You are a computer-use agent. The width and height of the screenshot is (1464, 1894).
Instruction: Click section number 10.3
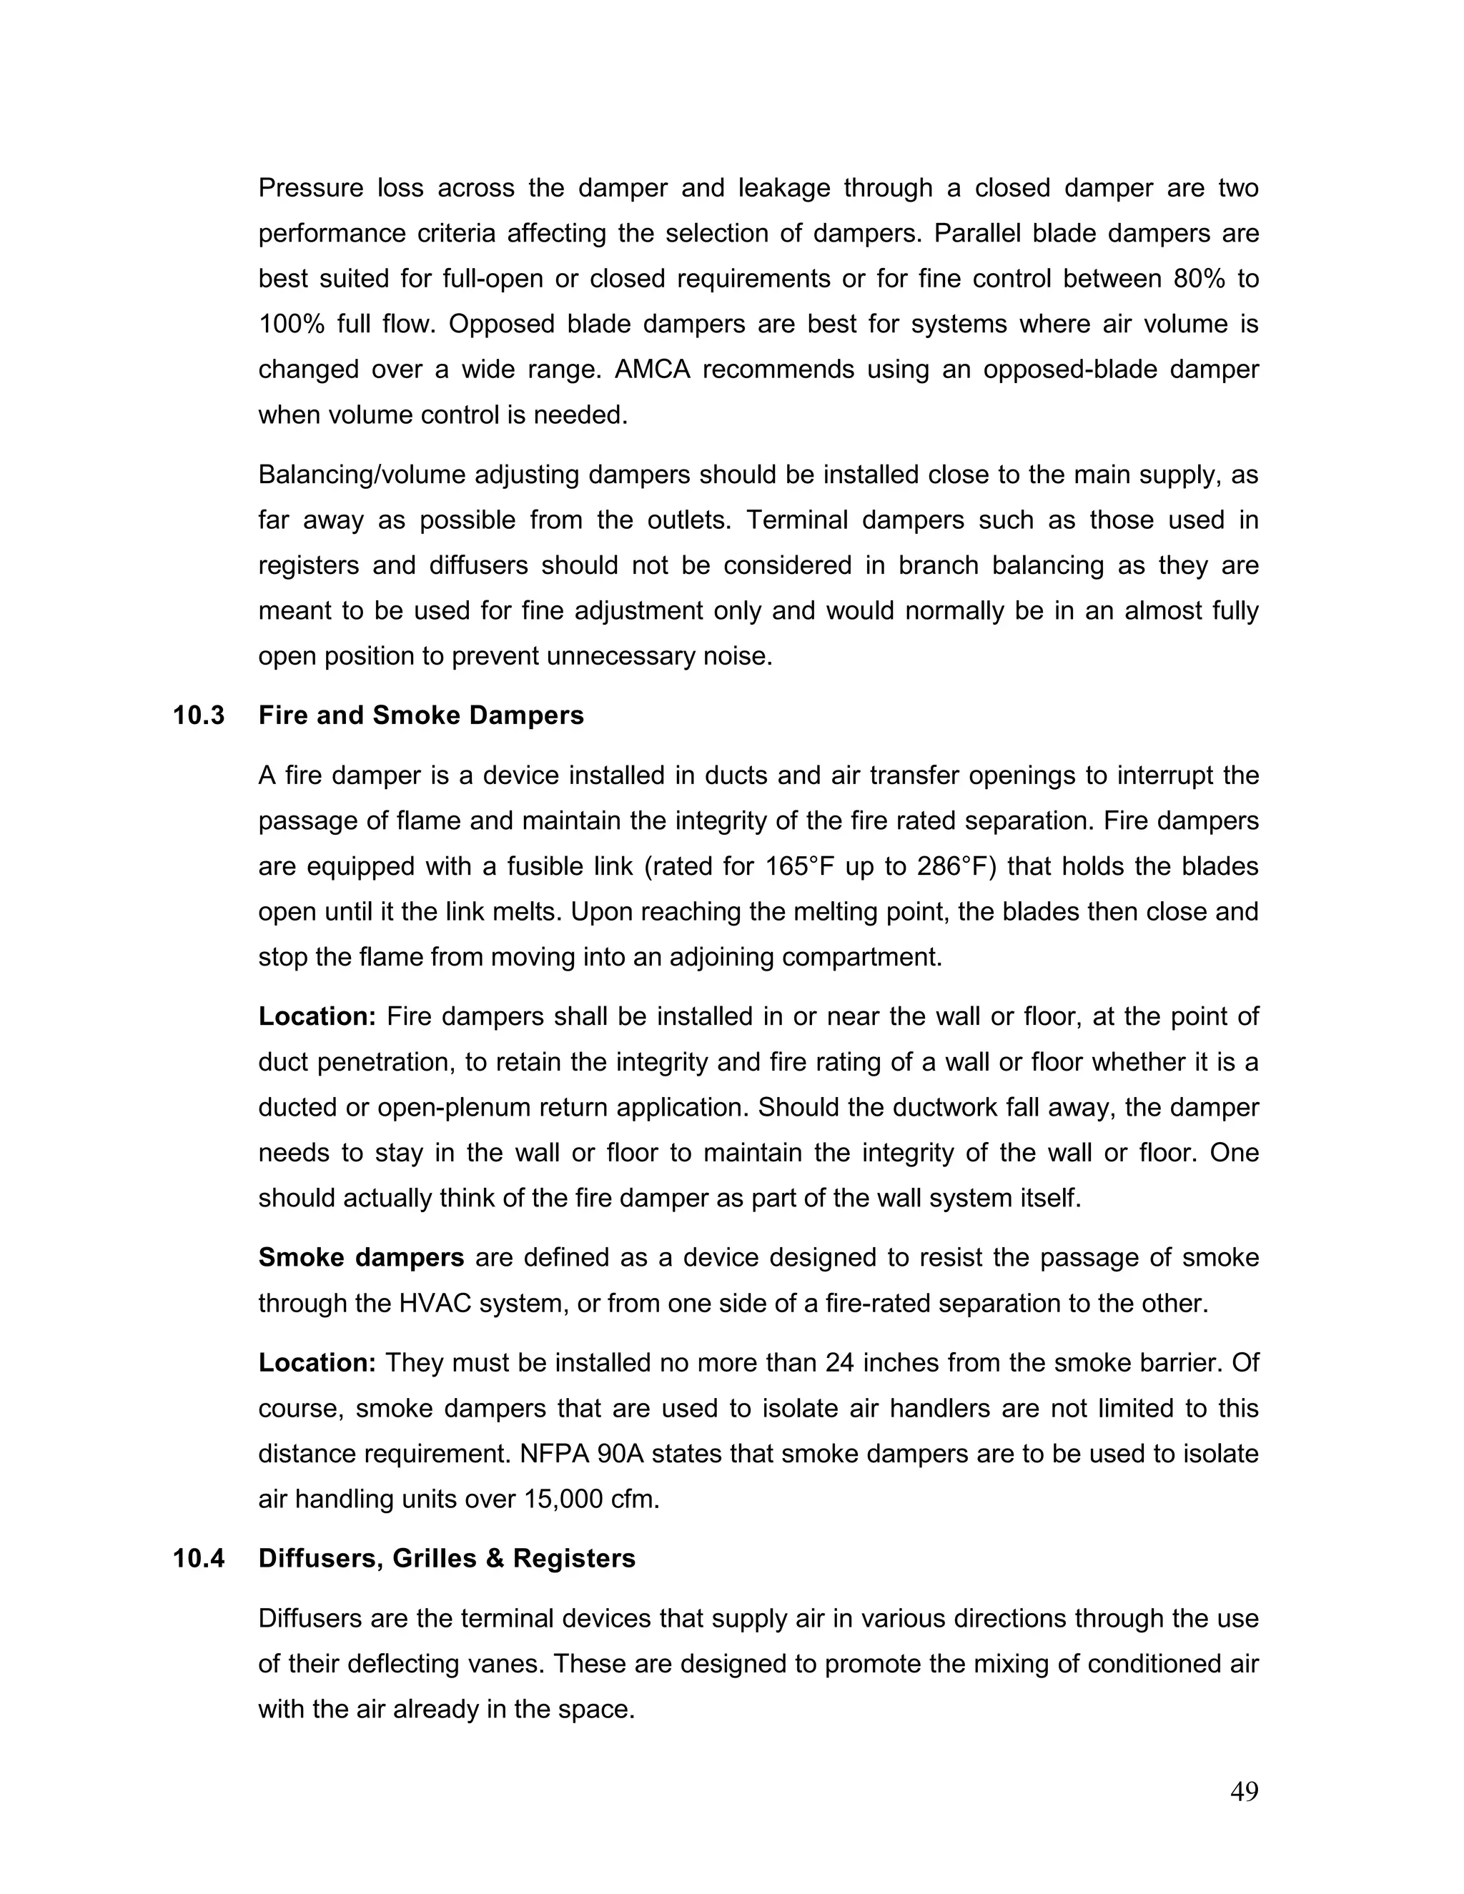coord(199,715)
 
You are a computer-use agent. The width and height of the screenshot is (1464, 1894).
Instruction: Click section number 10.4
coord(199,1558)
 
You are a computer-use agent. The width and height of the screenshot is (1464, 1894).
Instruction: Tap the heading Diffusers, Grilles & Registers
coord(447,1558)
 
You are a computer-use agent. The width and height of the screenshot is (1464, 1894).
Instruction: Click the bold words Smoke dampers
coord(361,1257)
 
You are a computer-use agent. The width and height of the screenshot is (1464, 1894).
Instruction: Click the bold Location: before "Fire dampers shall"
coord(317,1016)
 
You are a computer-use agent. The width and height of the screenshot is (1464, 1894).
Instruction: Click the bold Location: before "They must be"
coord(317,1362)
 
